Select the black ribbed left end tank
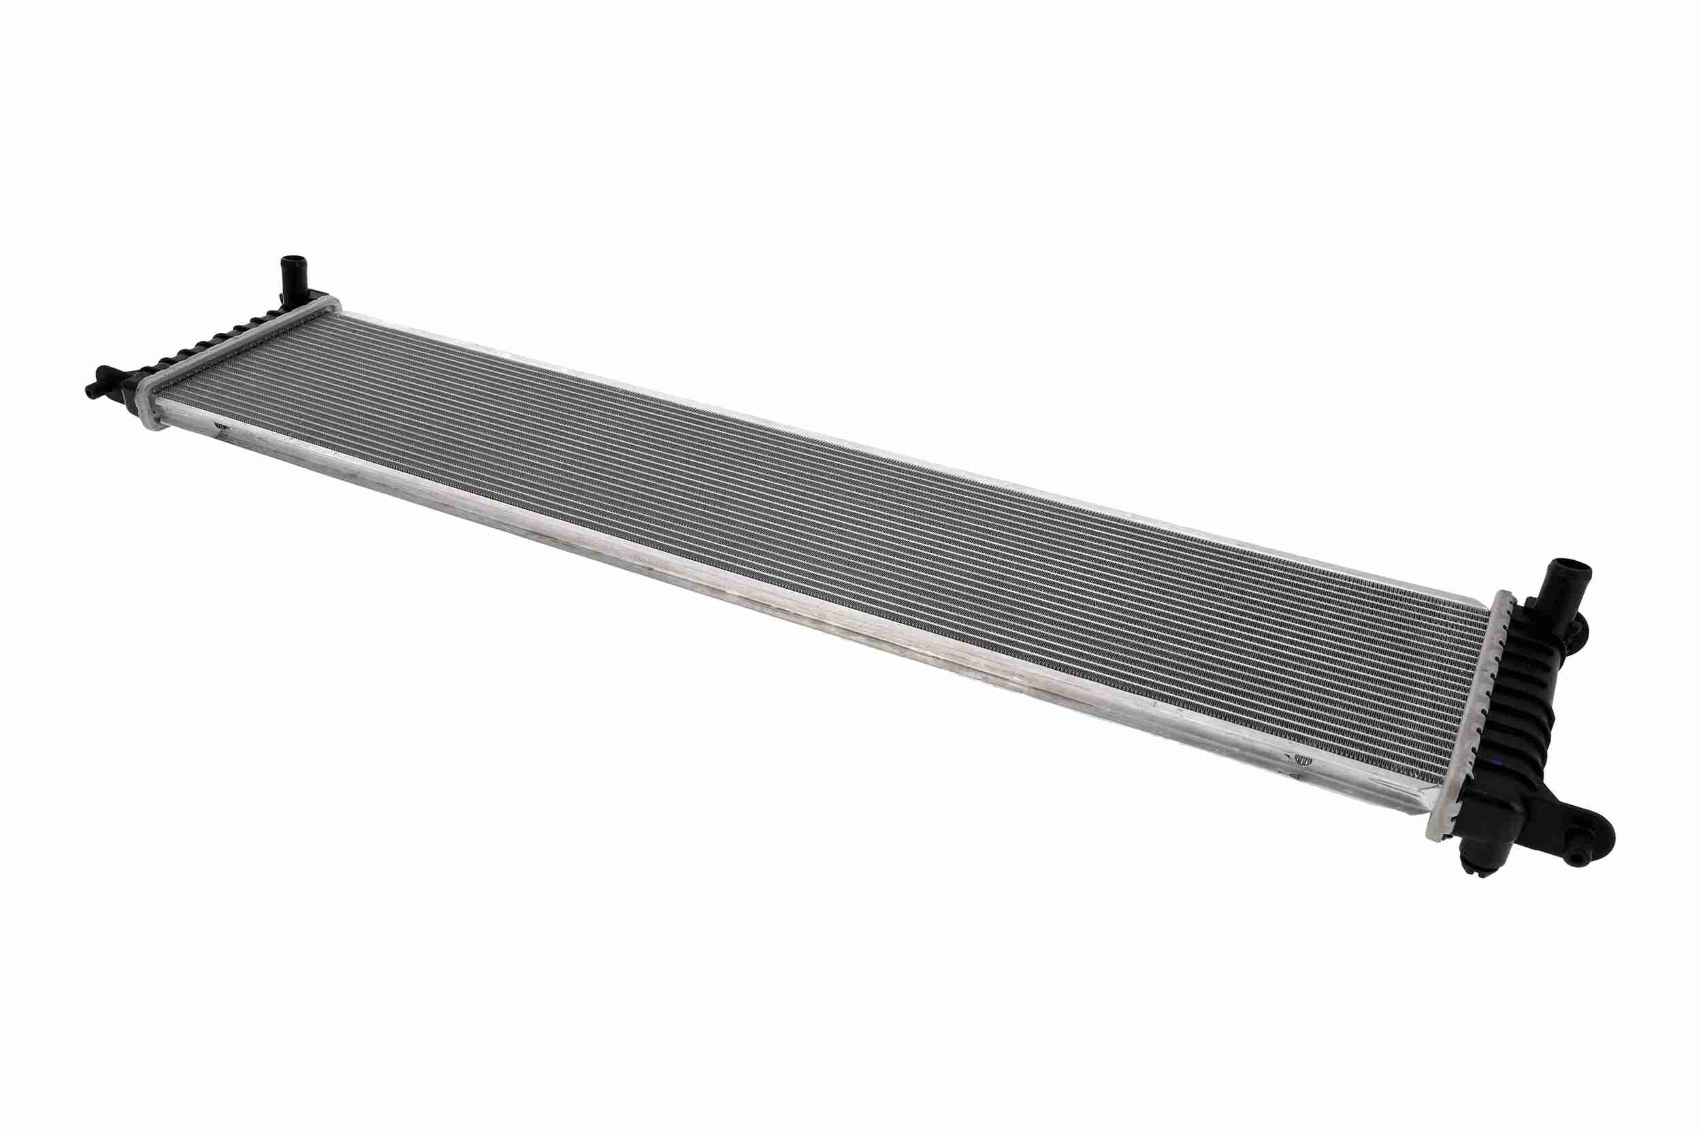pyautogui.click(x=210, y=339)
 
